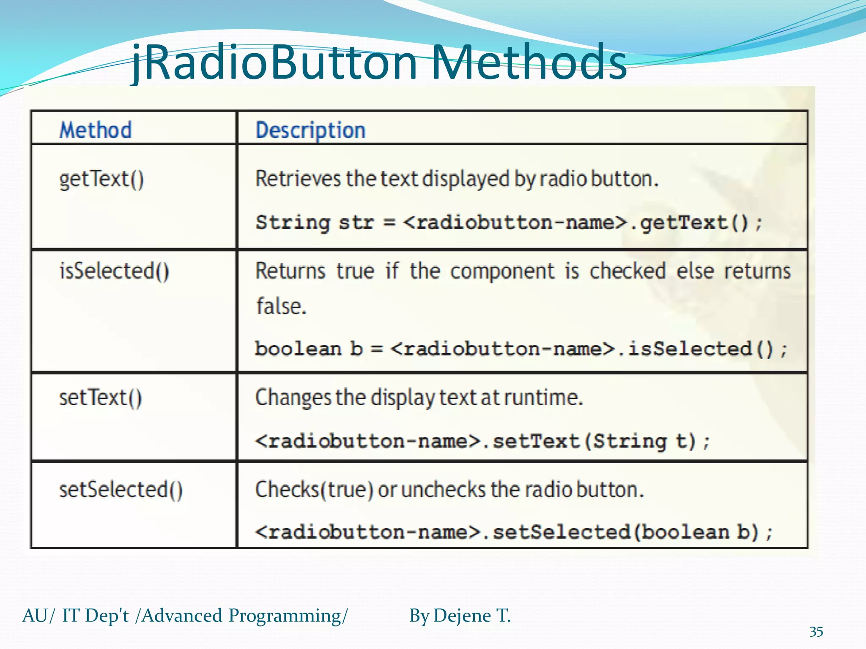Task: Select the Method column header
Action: [x=96, y=130]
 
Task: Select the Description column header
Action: [x=310, y=130]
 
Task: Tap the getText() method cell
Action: [x=101, y=179]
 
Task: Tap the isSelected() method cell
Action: [x=114, y=271]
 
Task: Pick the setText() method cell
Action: [x=101, y=398]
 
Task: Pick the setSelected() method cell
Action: [x=121, y=490]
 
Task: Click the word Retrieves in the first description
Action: [x=298, y=179]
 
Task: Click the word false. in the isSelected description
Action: [x=281, y=306]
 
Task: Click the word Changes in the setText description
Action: [x=293, y=398]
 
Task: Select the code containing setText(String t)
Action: [x=482, y=441]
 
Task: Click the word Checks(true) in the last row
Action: [x=314, y=490]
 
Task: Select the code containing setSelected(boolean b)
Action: [x=514, y=532]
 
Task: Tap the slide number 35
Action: [x=816, y=632]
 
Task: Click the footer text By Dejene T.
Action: [x=460, y=616]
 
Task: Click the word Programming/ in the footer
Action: [x=288, y=616]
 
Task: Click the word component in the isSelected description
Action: [x=502, y=271]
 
